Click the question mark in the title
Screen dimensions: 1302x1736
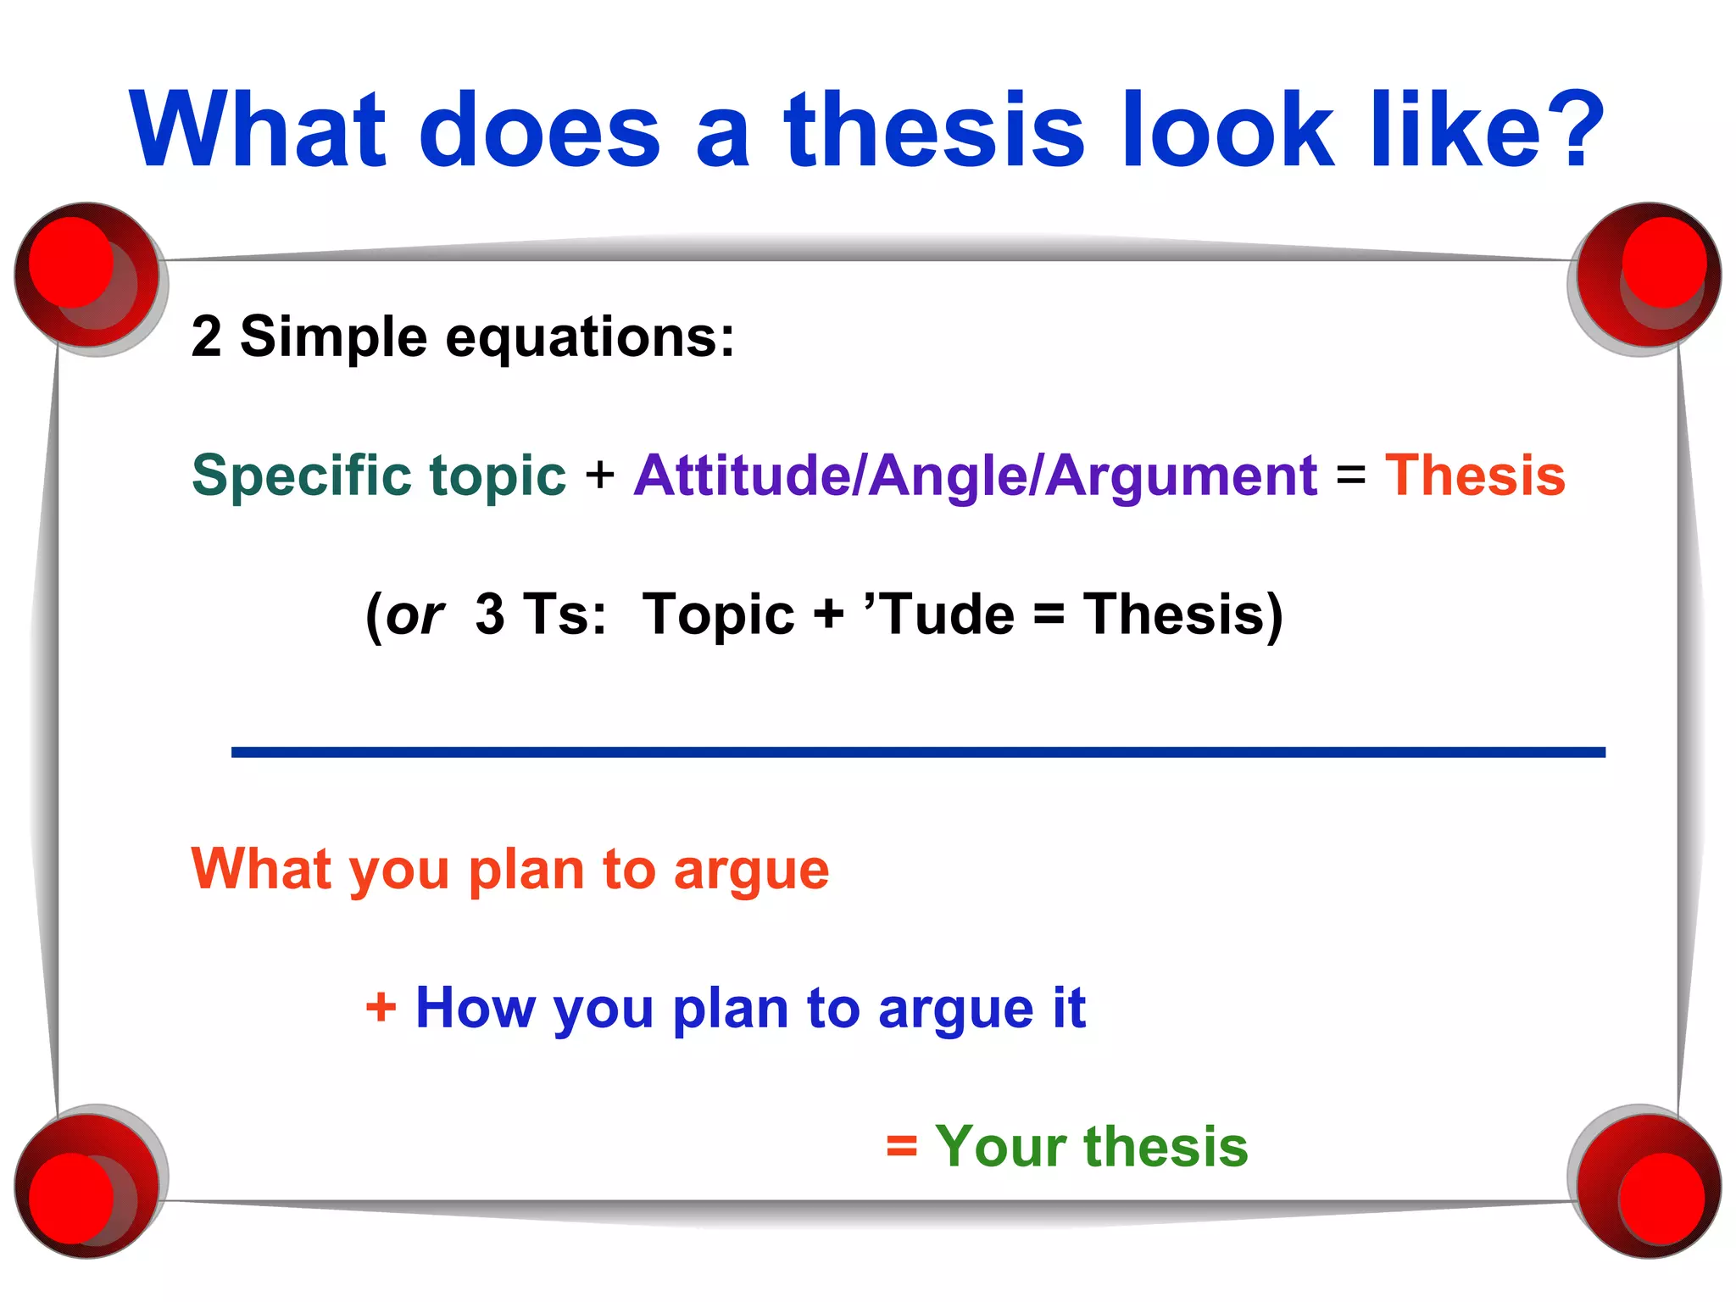1572,129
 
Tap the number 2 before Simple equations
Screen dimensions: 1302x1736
206,337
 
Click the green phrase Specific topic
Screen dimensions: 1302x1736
378,476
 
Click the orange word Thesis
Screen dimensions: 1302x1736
1475,476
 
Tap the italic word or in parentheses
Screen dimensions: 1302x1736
415,615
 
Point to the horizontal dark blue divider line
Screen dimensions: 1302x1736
918,752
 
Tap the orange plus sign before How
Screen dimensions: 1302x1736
381,1009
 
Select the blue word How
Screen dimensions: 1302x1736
475,1009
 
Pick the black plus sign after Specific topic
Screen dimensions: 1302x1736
599,475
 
